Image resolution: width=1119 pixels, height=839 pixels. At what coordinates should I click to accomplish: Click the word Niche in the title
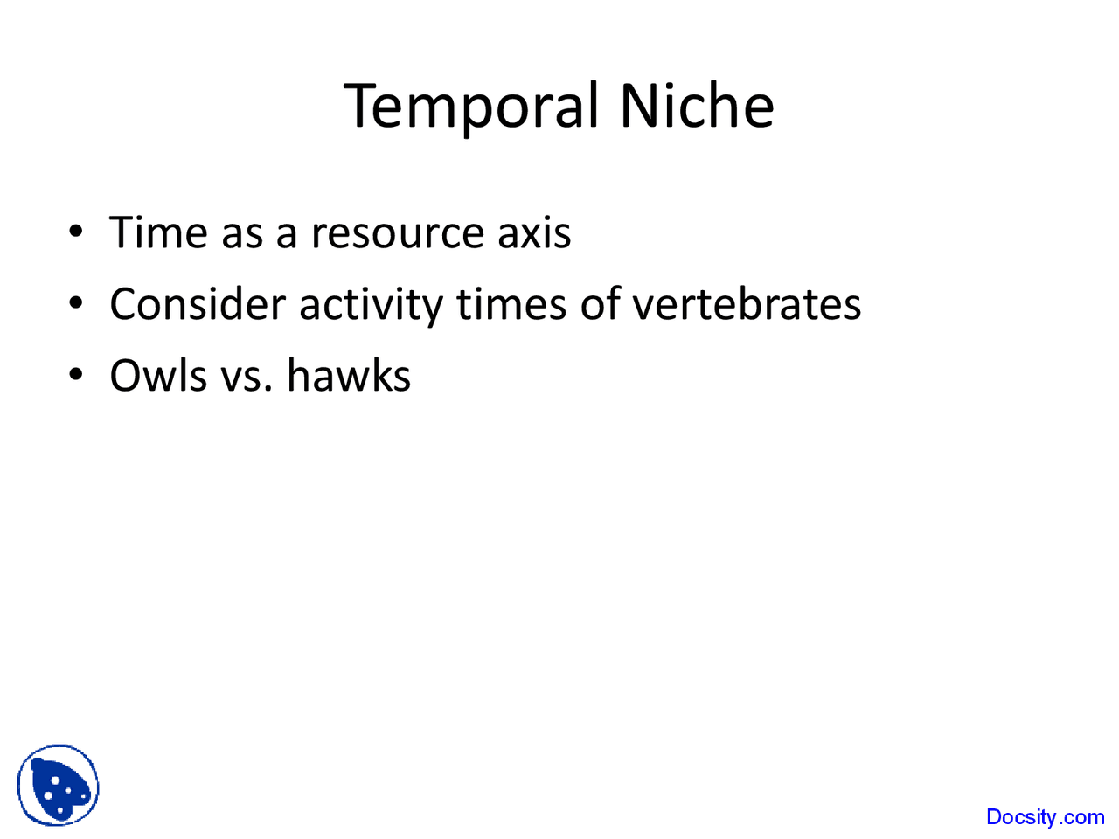tap(697, 106)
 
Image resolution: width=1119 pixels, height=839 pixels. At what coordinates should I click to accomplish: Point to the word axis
tap(534, 233)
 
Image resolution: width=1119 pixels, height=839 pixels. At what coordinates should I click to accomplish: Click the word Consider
tap(198, 305)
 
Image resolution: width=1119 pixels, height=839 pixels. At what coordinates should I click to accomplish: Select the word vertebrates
tap(747, 305)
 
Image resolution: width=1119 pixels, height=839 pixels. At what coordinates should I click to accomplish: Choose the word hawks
tap(349, 377)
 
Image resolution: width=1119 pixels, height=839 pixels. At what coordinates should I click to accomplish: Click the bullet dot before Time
tap(77, 232)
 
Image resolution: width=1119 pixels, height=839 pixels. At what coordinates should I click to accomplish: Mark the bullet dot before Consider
tap(77, 304)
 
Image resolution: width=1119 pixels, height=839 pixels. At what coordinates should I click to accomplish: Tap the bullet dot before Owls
tap(77, 376)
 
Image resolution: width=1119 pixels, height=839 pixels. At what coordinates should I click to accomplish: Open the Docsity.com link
tap(1045, 817)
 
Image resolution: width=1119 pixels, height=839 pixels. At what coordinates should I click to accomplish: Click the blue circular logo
tap(58, 786)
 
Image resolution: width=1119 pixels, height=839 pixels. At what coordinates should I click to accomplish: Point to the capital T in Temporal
tap(362, 106)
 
